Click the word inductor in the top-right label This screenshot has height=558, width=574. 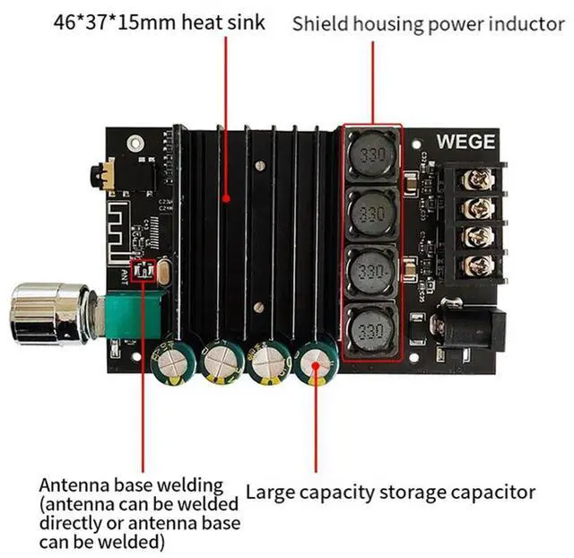[x=530, y=24]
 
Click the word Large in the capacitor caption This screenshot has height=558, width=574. [x=269, y=492]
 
